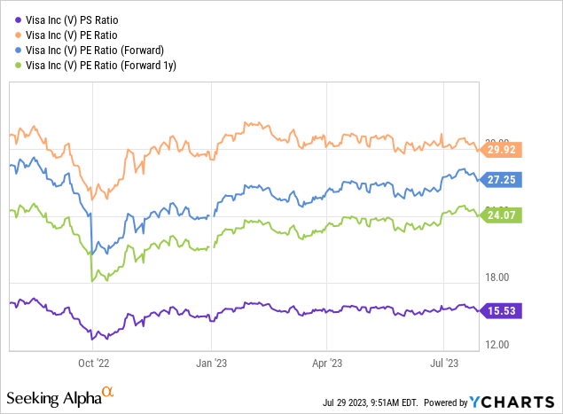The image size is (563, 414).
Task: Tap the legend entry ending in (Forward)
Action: (99, 49)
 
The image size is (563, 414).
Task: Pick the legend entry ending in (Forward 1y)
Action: (105, 65)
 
